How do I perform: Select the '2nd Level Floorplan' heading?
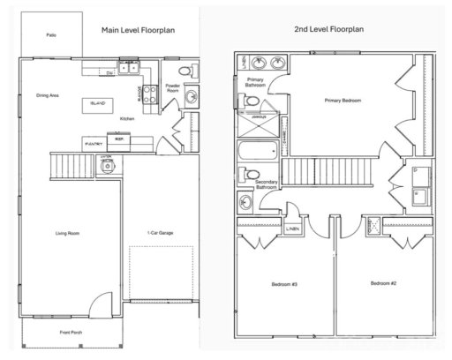click(x=328, y=29)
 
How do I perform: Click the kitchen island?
click(x=99, y=103)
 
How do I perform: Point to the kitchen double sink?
click(x=130, y=66)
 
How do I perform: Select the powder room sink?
click(x=192, y=97)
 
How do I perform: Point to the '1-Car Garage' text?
click(x=160, y=233)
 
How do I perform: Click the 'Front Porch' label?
click(x=72, y=333)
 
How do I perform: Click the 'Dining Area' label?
click(x=48, y=94)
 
